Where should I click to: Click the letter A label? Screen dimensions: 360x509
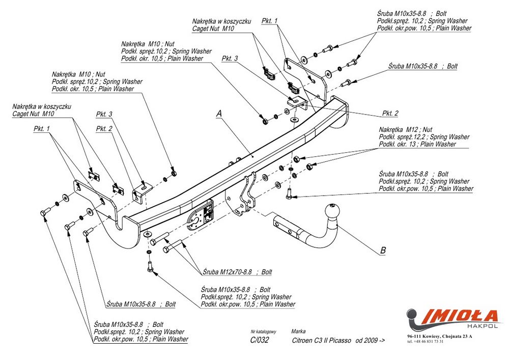(219, 114)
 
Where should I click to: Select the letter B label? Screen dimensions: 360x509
(383, 250)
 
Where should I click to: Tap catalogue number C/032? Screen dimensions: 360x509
(260, 341)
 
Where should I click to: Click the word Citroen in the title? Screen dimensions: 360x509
(303, 341)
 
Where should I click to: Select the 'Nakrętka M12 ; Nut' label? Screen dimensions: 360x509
(405, 130)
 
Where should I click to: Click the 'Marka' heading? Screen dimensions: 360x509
(298, 331)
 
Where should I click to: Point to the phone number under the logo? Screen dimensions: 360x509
(425, 341)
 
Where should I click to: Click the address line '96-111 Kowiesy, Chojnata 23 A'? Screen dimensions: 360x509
(440, 336)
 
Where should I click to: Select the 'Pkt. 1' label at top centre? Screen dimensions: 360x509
(270, 21)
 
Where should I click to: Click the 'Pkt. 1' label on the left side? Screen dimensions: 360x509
(42, 129)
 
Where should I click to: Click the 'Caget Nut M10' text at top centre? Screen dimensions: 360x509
(213, 30)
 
